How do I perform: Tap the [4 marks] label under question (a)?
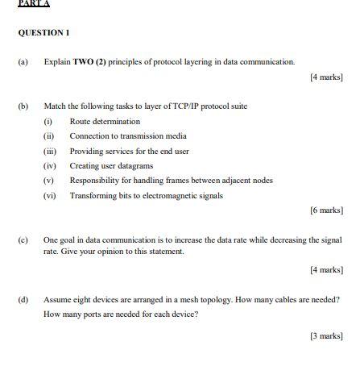click(326, 77)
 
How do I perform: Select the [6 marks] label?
click(326, 210)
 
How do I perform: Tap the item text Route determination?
click(105, 121)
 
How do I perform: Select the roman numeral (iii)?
click(50, 151)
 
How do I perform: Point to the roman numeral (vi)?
click(50, 195)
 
